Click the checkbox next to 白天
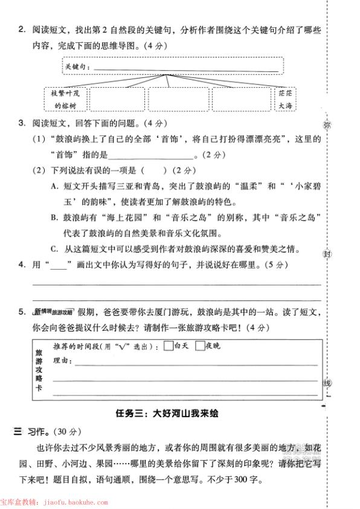[167, 347]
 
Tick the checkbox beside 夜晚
[200, 347]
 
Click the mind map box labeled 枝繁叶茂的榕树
[65, 100]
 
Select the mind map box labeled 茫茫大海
[285, 100]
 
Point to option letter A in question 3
[54, 186]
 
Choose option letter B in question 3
[54, 218]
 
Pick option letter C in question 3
[54, 248]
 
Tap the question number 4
[21, 264]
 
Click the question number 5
[21, 312]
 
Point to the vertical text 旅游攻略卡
[40, 370]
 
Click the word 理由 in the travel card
[62, 361]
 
